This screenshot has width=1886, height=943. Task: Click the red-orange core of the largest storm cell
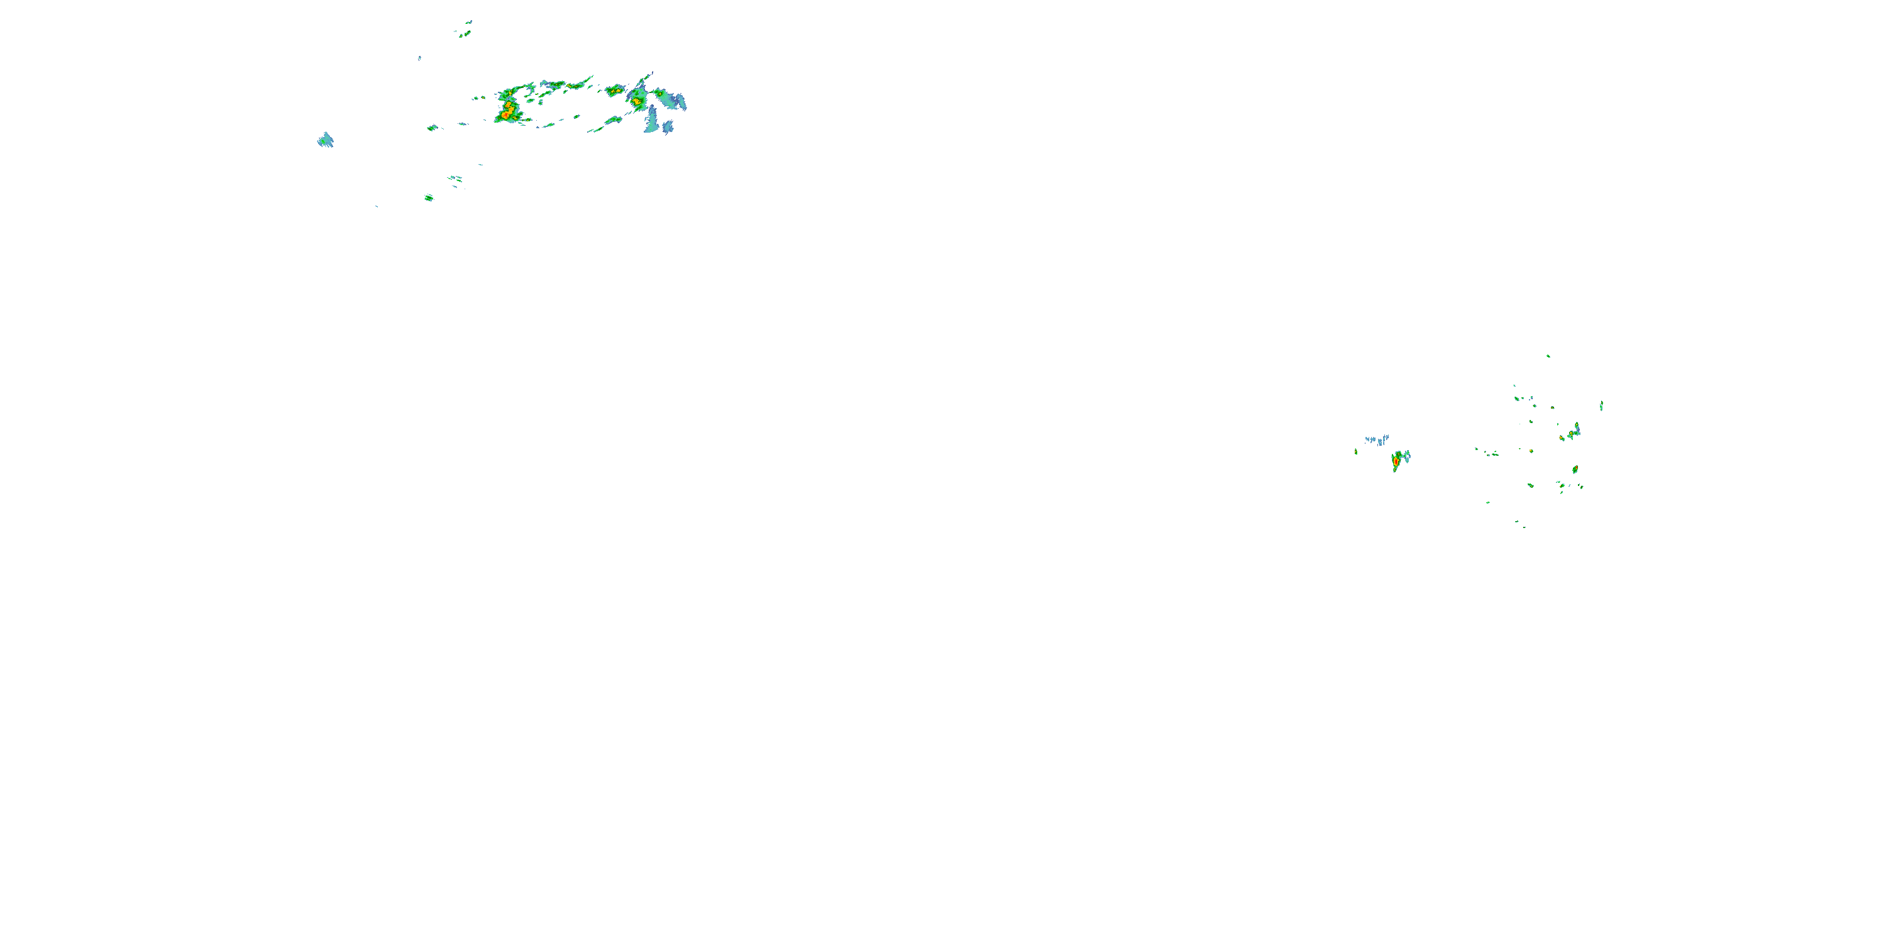click(x=507, y=111)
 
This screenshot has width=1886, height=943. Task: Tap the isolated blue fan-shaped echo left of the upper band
click(x=325, y=140)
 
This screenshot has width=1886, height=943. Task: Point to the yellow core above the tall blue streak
click(x=636, y=101)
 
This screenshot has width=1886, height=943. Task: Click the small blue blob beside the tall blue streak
click(x=668, y=128)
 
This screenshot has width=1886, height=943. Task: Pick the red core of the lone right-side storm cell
click(x=1396, y=461)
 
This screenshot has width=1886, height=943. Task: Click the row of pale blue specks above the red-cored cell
click(x=1376, y=440)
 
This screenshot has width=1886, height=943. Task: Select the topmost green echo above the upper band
click(x=464, y=31)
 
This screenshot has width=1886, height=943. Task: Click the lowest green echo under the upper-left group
click(x=429, y=197)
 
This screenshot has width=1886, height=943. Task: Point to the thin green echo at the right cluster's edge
click(x=1601, y=405)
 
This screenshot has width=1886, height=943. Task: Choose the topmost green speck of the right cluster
click(x=1548, y=356)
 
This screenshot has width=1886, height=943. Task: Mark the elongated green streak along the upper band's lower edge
click(x=605, y=125)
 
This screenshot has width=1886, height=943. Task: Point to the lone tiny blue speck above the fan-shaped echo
click(x=419, y=58)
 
